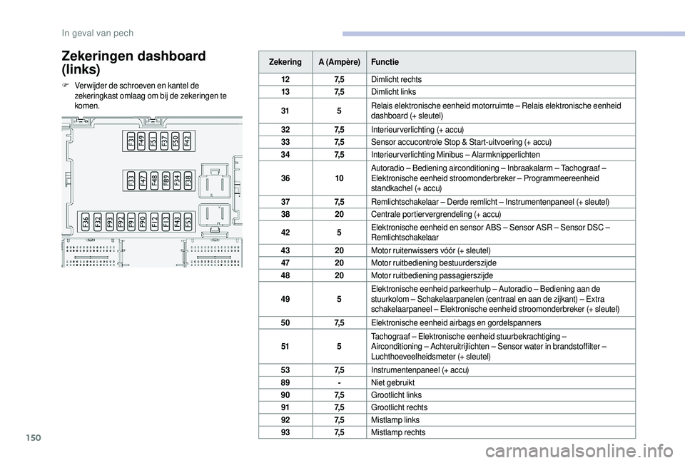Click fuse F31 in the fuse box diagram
132,141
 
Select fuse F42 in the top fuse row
188,141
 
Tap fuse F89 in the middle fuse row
166,180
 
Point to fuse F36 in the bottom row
86,221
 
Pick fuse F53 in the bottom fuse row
188,221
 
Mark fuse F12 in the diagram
154,221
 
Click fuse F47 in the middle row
143,180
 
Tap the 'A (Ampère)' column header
339,62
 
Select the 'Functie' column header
385,62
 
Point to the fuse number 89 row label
285,382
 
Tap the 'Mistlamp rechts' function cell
398,432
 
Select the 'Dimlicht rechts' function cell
397,79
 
